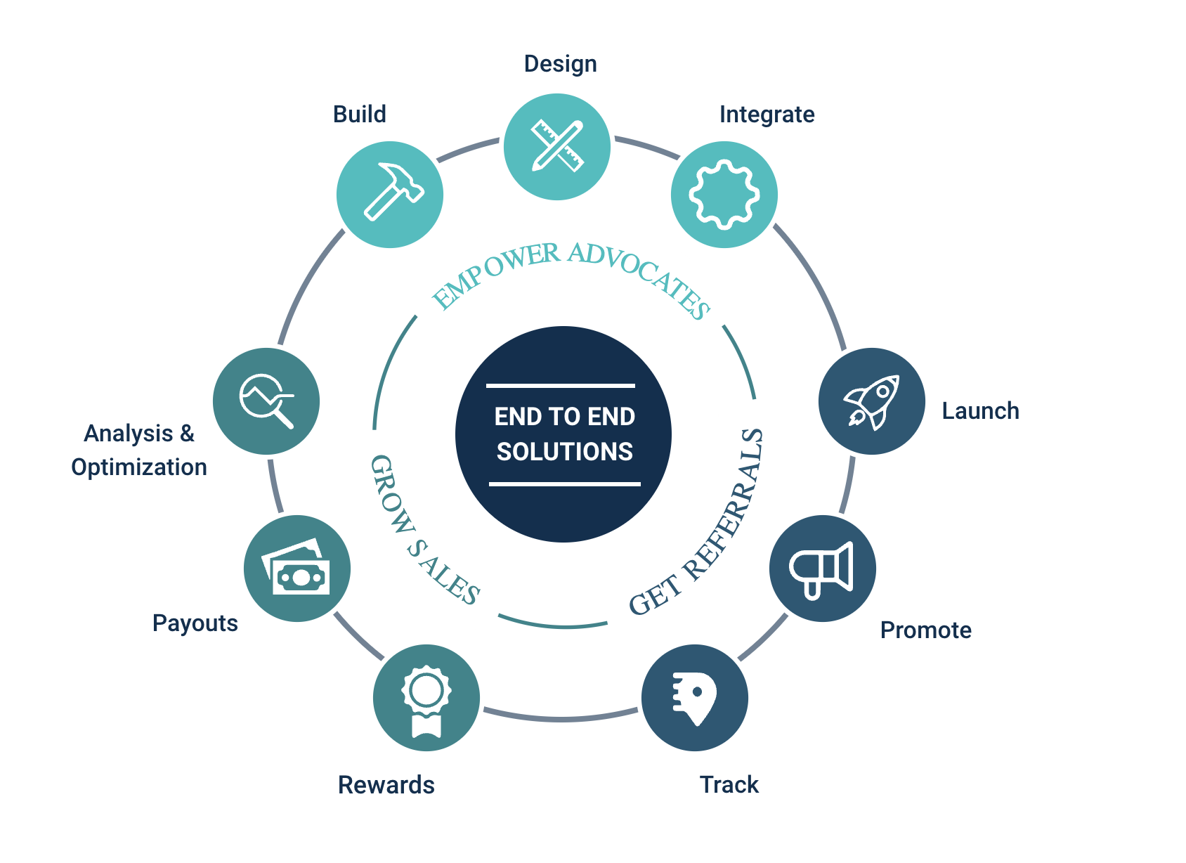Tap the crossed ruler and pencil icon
(557, 146)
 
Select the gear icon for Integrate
(724, 195)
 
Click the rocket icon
(872, 401)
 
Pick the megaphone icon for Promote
(822, 569)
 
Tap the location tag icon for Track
(695, 698)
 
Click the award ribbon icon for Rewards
(426, 699)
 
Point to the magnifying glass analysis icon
(266, 401)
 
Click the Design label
(560, 64)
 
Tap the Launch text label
(980, 411)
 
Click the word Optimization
(139, 467)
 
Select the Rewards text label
(386, 785)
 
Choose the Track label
(729, 785)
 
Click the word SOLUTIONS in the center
(564, 451)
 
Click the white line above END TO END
(561, 386)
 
